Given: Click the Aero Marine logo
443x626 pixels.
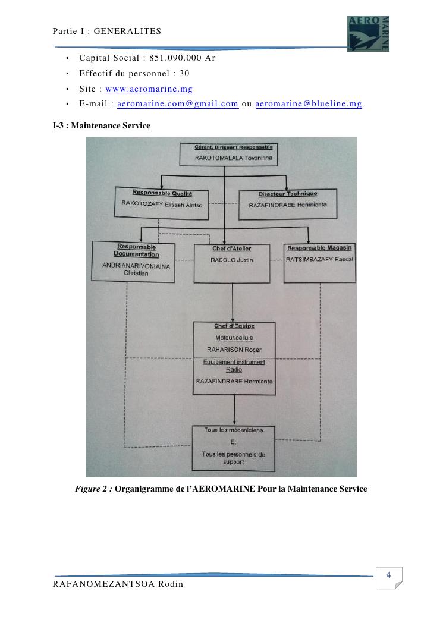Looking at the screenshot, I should click(x=368, y=33).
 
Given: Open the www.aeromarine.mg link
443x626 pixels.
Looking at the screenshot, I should click(x=149, y=89).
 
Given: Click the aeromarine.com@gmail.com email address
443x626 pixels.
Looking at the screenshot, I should click(x=178, y=103).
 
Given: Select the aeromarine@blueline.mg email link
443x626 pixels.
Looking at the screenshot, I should click(x=309, y=103).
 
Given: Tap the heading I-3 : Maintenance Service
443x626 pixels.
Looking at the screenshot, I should click(x=101, y=125).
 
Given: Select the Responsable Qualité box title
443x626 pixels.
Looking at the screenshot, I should click(x=162, y=193).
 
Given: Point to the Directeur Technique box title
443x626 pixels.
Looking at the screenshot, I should click(x=288, y=194).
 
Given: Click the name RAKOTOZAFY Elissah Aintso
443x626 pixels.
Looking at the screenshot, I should click(x=162, y=205).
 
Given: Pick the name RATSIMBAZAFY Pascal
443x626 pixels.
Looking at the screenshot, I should click(x=320, y=260).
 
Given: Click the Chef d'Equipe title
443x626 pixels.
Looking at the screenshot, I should click(x=234, y=326).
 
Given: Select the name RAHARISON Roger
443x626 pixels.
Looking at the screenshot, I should click(x=234, y=350).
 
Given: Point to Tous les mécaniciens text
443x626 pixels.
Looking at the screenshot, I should click(x=234, y=430).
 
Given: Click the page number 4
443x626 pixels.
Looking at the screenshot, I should click(x=388, y=575).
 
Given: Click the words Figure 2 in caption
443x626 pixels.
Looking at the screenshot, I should click(x=93, y=489).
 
